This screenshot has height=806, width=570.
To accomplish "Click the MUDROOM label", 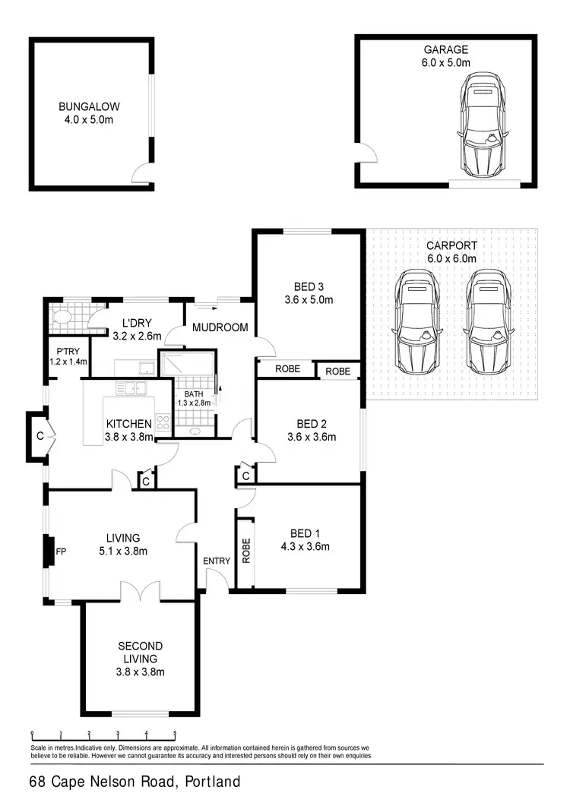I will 220,327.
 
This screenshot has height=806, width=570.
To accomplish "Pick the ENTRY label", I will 217,561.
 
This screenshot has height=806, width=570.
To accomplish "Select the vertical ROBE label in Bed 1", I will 245,550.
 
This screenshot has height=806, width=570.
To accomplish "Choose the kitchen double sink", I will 133,389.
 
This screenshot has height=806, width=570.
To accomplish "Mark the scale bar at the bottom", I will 103,735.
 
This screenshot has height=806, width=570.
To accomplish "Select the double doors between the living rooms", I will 140,593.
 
